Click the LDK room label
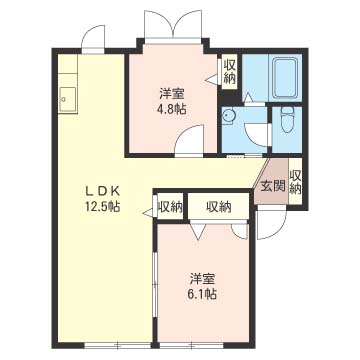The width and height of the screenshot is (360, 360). [x=102, y=191]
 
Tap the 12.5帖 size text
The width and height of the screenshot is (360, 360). [x=102, y=207]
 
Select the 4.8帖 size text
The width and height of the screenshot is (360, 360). [x=172, y=110]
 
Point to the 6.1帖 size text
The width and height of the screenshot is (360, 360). [x=203, y=293]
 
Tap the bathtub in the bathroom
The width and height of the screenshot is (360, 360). [x=285, y=77]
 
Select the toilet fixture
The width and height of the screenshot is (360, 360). [x=286, y=120]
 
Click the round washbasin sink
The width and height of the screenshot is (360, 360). [x=229, y=116]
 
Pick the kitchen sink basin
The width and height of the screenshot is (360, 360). [x=68, y=100]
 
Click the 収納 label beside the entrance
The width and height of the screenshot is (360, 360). [x=295, y=182]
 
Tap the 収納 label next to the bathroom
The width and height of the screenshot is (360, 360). [x=229, y=71]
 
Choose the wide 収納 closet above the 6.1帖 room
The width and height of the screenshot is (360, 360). [x=218, y=207]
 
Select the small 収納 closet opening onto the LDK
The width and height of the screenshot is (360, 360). [x=170, y=207]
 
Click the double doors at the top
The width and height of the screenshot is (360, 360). [x=173, y=25]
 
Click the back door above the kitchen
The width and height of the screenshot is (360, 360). [x=93, y=38]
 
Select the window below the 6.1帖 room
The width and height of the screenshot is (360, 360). [x=191, y=346]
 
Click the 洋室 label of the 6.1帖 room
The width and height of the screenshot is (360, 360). [x=203, y=278]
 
